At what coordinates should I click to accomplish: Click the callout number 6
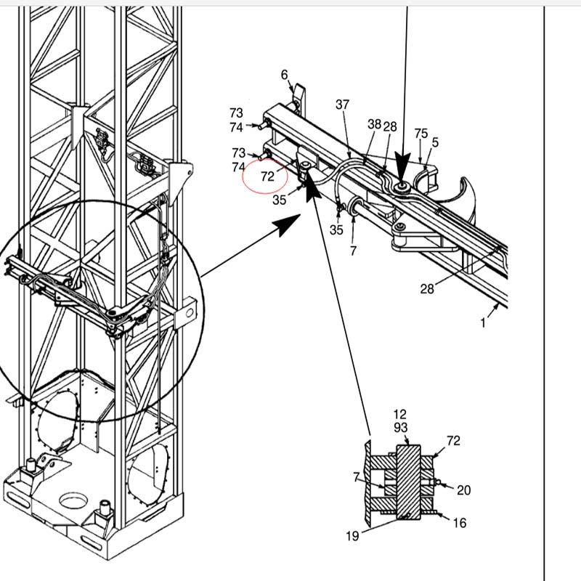click(285, 75)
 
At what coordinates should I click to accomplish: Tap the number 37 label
click(343, 105)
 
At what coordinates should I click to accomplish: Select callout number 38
click(374, 124)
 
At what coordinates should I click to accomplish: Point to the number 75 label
click(421, 133)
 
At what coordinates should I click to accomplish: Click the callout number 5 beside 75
click(435, 142)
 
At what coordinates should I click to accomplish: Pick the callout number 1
click(484, 323)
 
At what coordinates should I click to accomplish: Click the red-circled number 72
click(267, 176)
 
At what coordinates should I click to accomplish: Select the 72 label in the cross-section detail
click(453, 441)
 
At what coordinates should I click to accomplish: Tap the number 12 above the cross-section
click(400, 415)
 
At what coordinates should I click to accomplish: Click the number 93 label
click(400, 428)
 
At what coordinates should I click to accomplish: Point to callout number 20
click(463, 490)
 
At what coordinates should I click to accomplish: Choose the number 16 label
click(459, 523)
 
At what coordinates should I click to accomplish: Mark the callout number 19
click(352, 537)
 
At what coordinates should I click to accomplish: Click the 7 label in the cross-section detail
click(357, 477)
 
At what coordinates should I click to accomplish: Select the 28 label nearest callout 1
click(427, 289)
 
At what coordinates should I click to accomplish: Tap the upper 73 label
click(237, 113)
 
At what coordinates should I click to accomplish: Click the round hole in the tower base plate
click(72, 500)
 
